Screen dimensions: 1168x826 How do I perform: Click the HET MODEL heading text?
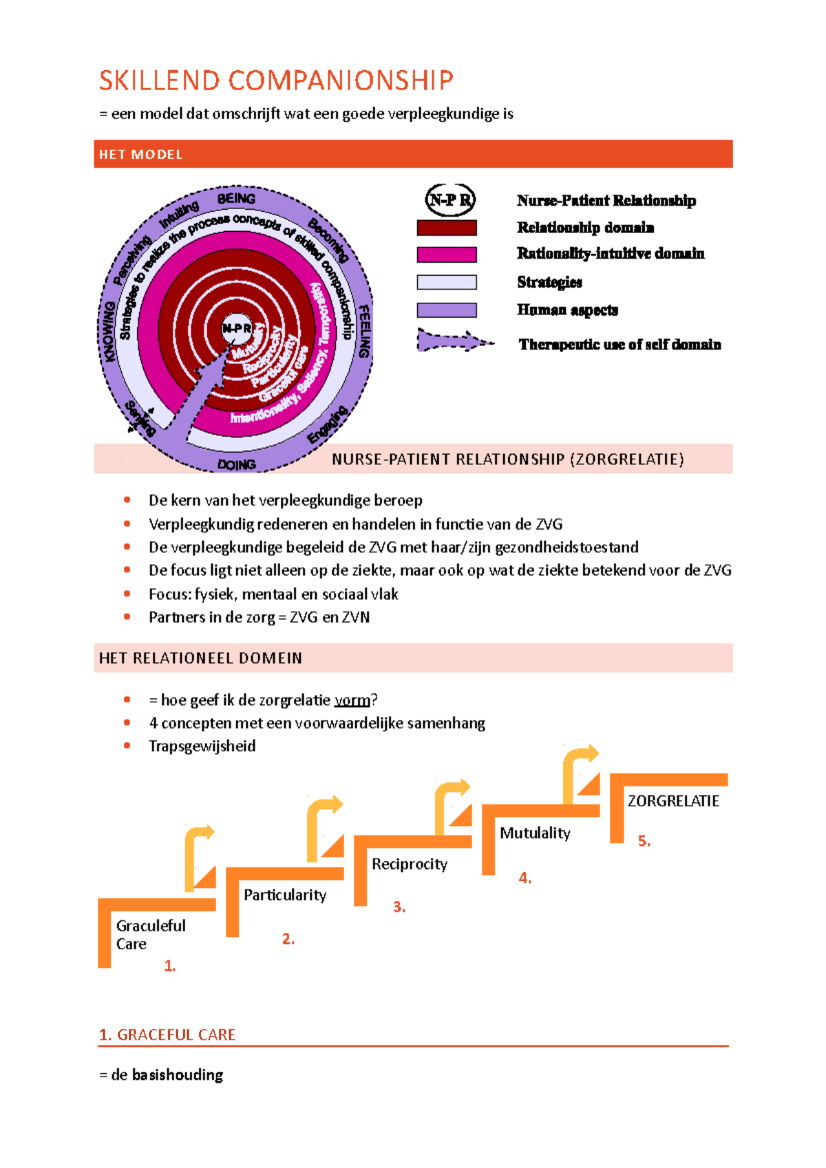pos(140,155)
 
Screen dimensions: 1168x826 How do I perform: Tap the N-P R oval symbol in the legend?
pos(450,200)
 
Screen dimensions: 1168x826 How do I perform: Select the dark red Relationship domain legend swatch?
pos(447,228)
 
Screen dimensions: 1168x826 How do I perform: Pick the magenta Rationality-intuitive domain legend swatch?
pos(447,255)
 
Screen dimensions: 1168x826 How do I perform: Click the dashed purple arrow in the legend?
pos(454,342)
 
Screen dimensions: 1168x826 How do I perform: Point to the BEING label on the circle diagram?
pos(236,199)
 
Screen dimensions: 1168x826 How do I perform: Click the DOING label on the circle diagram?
pos(236,465)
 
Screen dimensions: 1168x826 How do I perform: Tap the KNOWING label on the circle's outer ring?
pos(109,331)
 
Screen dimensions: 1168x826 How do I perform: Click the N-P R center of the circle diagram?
pos(236,329)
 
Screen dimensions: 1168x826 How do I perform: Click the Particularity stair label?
pos(285,895)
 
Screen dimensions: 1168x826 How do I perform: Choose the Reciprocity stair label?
pos(410,864)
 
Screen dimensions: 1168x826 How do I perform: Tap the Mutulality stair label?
pos(535,833)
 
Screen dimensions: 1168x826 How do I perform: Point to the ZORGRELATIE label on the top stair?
pos(673,801)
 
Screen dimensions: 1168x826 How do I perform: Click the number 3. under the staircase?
pos(399,907)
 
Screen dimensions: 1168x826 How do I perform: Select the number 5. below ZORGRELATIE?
pos(644,841)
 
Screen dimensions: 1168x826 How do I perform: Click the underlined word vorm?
pos(352,700)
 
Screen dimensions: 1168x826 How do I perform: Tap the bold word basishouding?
pos(178,1074)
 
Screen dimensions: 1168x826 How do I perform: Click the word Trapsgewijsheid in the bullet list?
pos(202,746)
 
